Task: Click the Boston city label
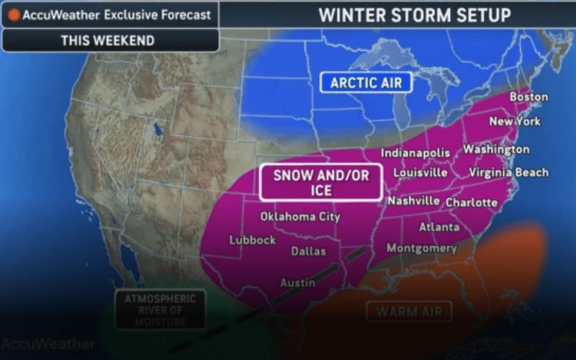tap(528, 97)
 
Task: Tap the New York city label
tap(514, 122)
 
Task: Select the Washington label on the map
tap(496, 150)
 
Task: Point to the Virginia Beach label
tap(508, 173)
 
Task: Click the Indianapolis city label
tap(415, 153)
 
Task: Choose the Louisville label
tap(420, 174)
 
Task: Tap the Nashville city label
tap(414, 202)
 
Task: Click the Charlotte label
tap(472, 203)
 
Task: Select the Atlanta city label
tap(439, 228)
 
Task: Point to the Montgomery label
tap(422, 249)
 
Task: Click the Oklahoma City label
tap(300, 217)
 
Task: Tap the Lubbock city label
tap(252, 240)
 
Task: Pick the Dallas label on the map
tap(308, 252)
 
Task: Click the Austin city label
tap(297, 283)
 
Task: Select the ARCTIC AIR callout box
tap(366, 83)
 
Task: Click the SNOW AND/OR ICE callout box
tap(320, 182)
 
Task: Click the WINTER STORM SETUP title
tap(415, 14)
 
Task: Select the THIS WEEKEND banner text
tap(107, 40)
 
